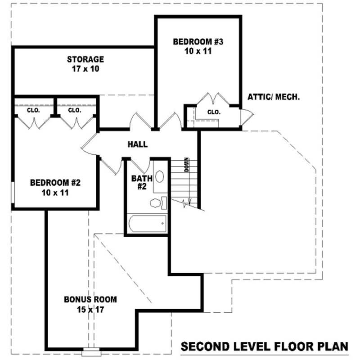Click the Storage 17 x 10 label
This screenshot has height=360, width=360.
tap(85, 64)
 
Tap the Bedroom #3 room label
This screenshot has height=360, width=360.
tap(198, 46)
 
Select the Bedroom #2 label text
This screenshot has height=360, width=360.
tap(55, 188)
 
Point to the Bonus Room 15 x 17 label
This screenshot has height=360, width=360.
tap(90, 304)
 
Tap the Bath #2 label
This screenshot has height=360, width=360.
tap(139, 182)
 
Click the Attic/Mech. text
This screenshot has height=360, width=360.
tap(274, 97)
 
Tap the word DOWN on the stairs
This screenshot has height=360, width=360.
tap(186, 165)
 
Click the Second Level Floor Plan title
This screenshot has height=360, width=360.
tap(264, 346)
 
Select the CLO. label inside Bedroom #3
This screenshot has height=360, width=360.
tap(214, 112)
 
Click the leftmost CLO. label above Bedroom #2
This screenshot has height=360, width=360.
tap(33, 110)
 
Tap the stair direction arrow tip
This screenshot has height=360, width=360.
tap(192, 204)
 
